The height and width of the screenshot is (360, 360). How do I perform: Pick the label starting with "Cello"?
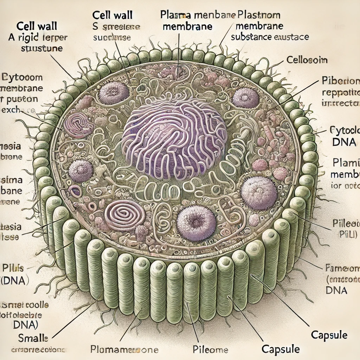(307, 60)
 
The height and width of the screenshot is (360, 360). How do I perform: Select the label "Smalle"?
(33, 338)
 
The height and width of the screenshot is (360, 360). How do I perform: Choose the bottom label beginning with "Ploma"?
(124, 350)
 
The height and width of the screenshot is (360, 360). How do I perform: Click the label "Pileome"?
(211, 350)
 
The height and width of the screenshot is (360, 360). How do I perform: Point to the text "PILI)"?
(348, 234)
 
